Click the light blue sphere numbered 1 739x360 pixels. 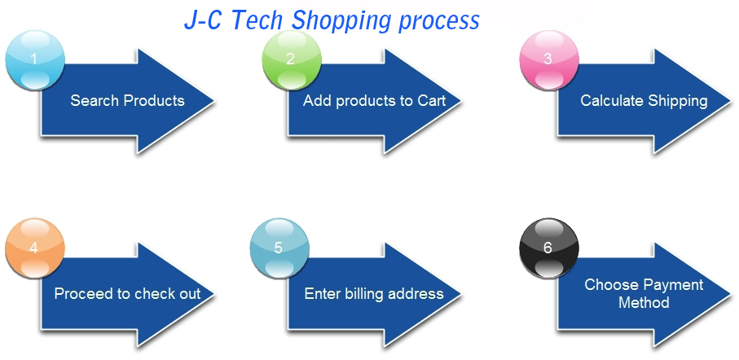[35, 59]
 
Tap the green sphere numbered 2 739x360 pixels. [292, 59]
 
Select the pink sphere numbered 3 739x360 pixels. [549, 59]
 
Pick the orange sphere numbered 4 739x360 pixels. [35, 248]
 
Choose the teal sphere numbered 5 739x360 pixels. [279, 248]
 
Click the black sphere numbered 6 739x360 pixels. [549, 248]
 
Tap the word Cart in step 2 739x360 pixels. [431, 100]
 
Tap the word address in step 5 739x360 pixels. [416, 293]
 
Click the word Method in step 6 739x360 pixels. [644, 302]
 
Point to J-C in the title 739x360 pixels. [203, 20]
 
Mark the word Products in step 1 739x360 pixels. [154, 100]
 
